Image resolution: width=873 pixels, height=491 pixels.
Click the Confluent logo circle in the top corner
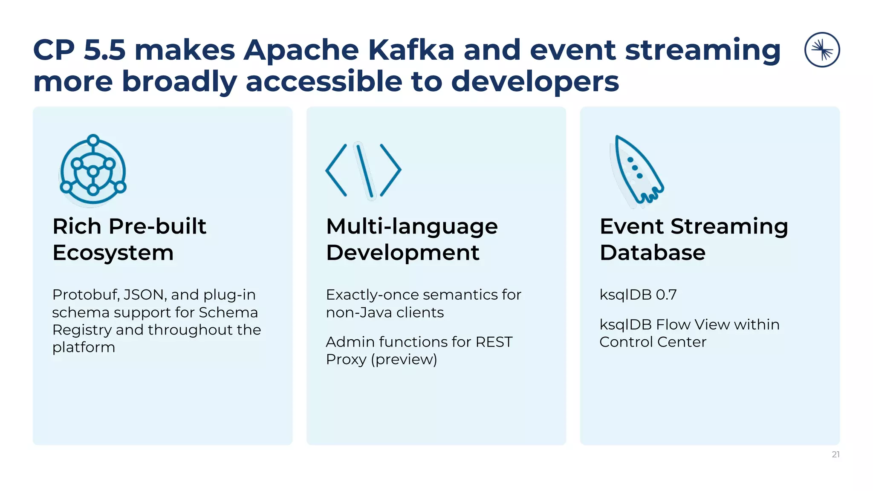tap(822, 50)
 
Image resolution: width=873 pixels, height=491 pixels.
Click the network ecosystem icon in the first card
tap(93, 170)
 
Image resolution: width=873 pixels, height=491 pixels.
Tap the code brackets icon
tap(363, 170)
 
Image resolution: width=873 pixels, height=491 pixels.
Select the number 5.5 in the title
tap(104, 50)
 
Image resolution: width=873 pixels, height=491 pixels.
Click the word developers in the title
tap(535, 81)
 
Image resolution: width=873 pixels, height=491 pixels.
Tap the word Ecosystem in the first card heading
tap(113, 253)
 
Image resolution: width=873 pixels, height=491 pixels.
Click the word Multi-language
tap(412, 226)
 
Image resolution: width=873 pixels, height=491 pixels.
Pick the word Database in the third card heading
tap(652, 253)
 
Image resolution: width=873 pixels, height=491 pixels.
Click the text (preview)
tap(404, 360)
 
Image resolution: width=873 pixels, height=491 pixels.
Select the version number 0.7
tap(666, 295)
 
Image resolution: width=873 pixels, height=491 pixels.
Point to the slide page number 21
tap(835, 454)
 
